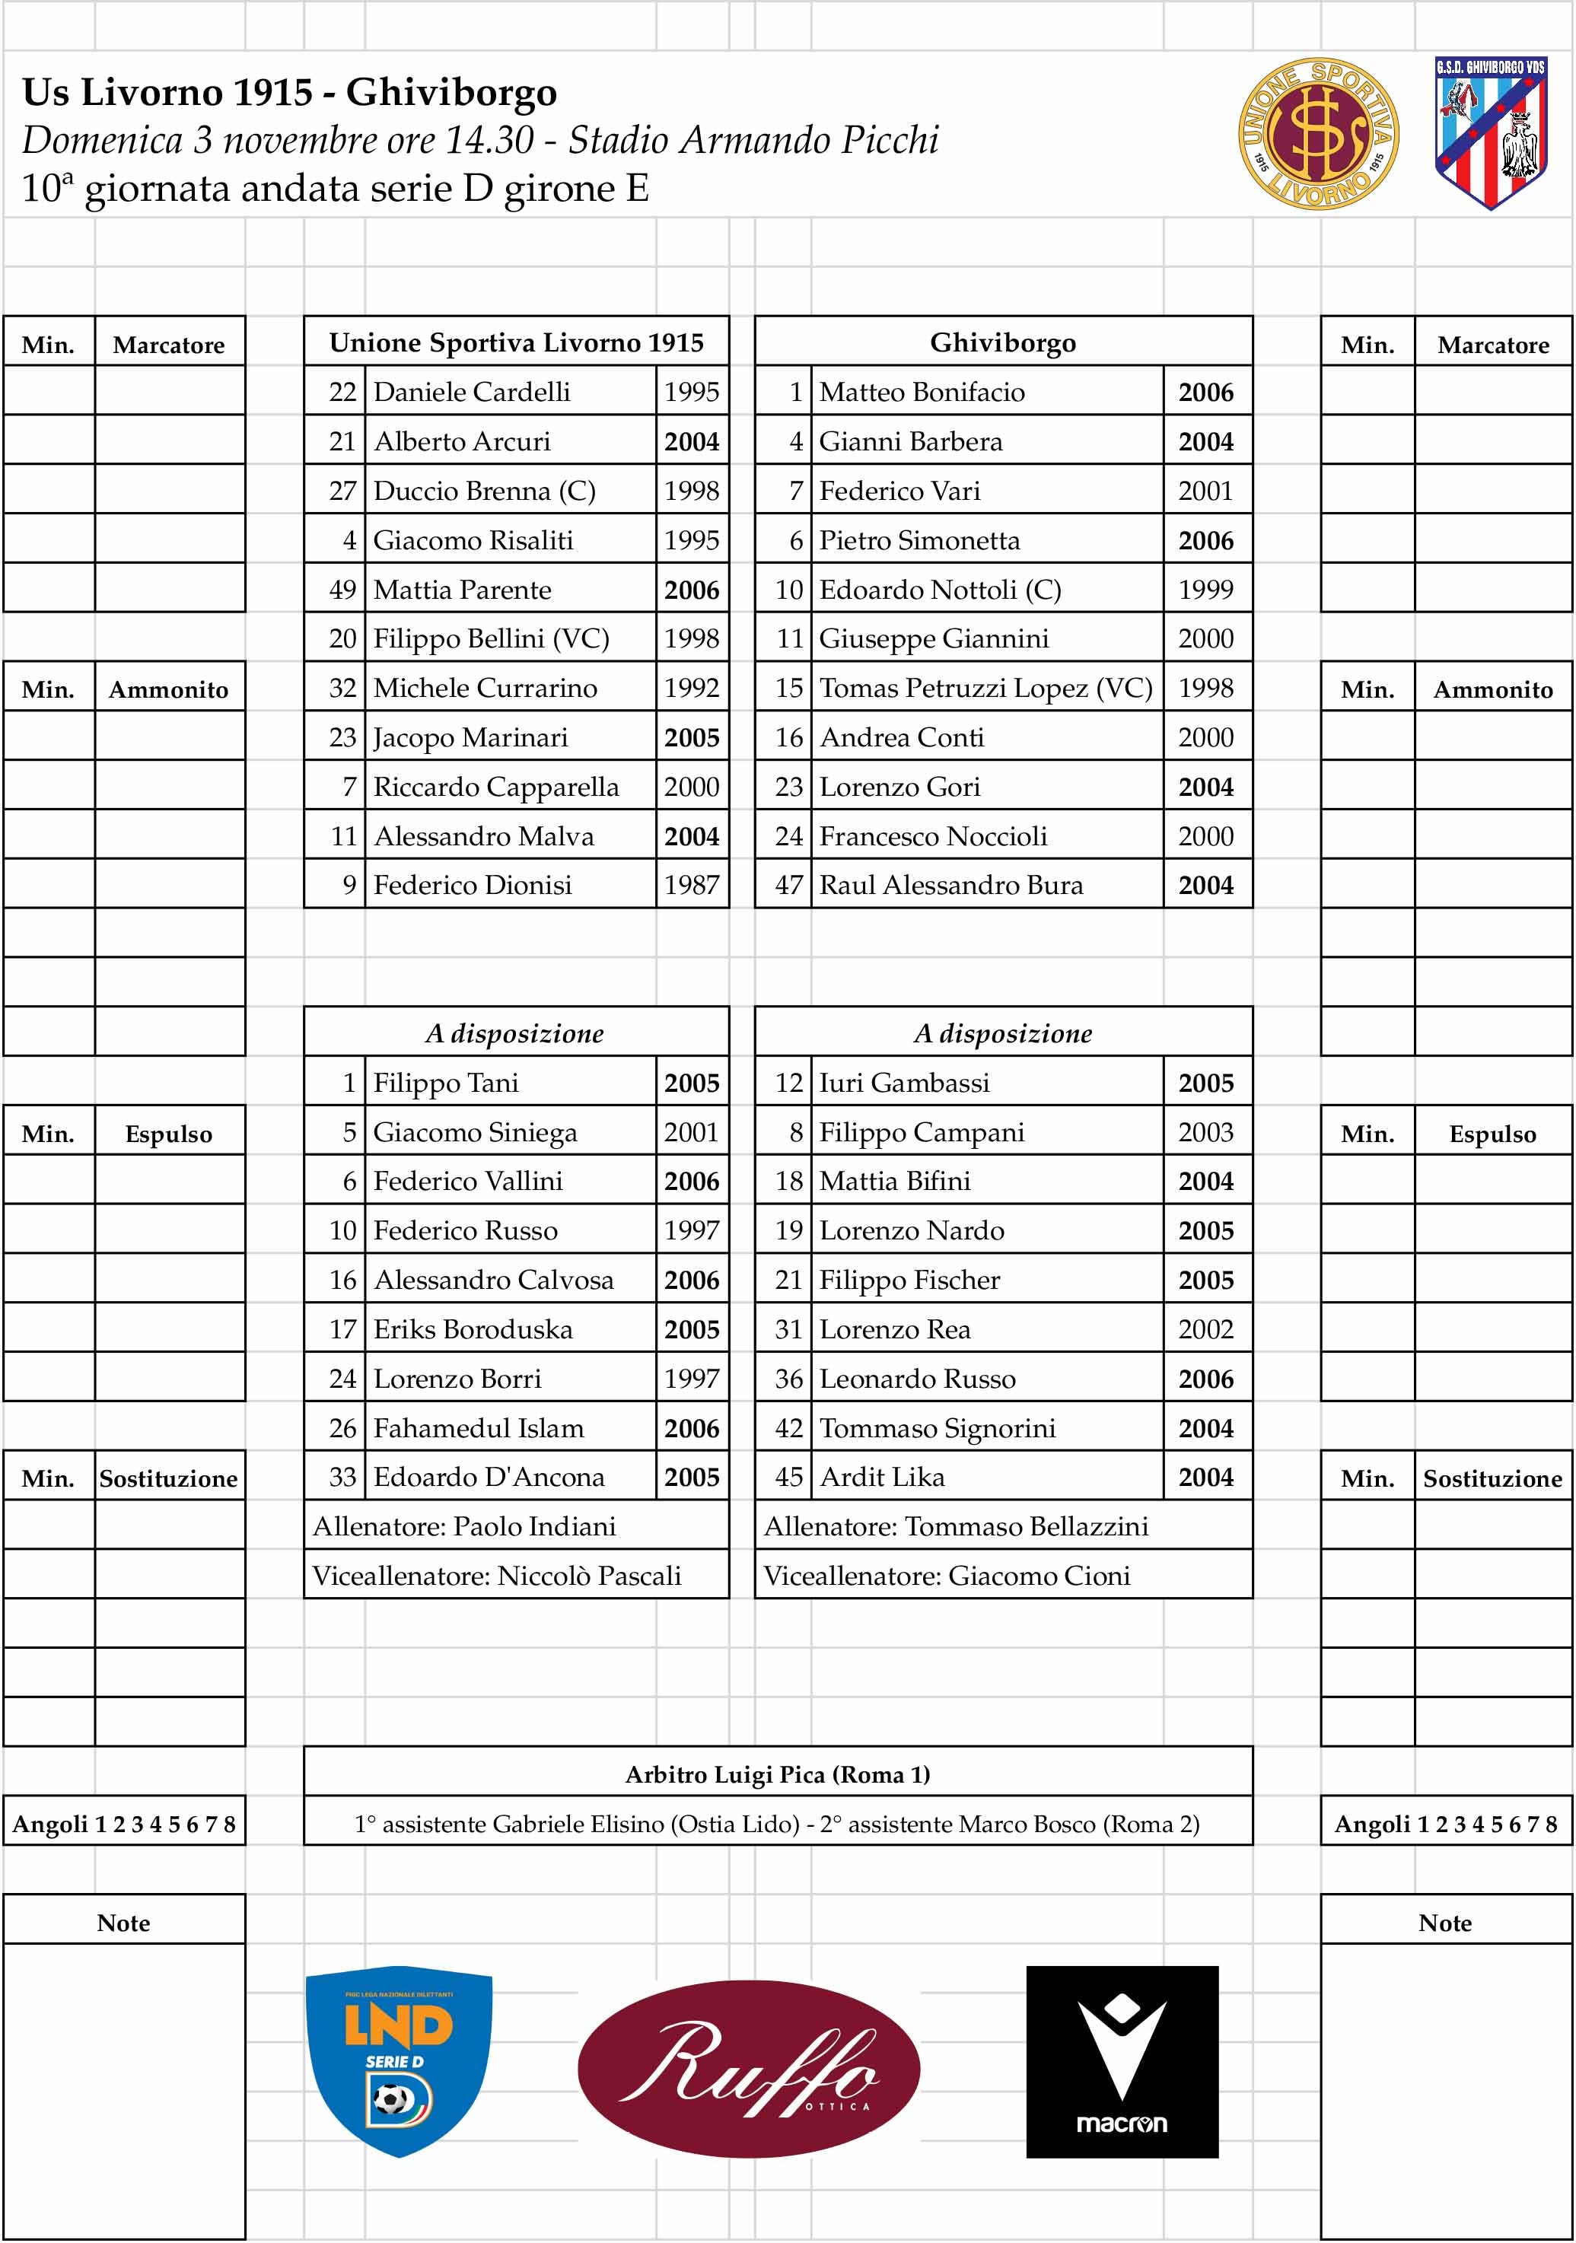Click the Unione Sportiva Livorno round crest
pyautogui.click(x=1318, y=135)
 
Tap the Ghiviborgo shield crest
pyautogui.click(x=1491, y=133)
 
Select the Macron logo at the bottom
pyautogui.click(x=1122, y=2061)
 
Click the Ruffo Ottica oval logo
pyautogui.click(x=749, y=2067)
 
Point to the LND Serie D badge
pyautogui.click(x=399, y=2060)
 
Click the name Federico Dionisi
pyautogui.click(x=473, y=885)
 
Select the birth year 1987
pyautogui.click(x=692, y=885)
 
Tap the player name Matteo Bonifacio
pyautogui.click(x=922, y=392)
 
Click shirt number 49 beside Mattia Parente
pyautogui.click(x=342, y=590)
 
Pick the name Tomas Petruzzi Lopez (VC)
pyautogui.click(x=985, y=688)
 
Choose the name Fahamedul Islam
pyautogui.click(x=479, y=1428)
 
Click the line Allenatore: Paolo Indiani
pyautogui.click(x=465, y=1527)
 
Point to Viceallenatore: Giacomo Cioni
pyautogui.click(x=947, y=1576)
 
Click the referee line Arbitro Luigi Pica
pyautogui.click(x=778, y=1774)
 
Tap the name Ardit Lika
pyautogui.click(x=882, y=1477)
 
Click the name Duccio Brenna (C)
pyautogui.click(x=485, y=491)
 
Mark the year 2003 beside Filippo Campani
pyautogui.click(x=1205, y=1132)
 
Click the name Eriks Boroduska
pyautogui.click(x=473, y=1329)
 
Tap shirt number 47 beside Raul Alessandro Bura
pyautogui.click(x=788, y=885)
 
